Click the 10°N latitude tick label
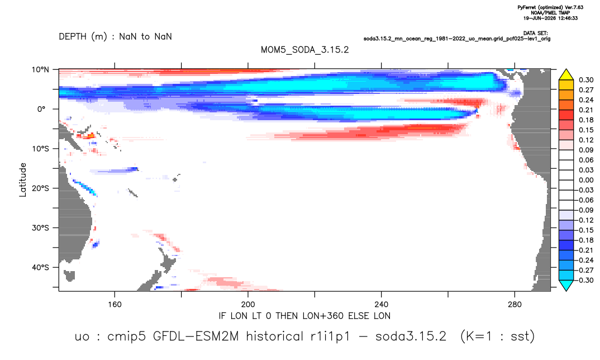tap(40, 69)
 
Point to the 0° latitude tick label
tap(41, 109)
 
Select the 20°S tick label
tap(40, 188)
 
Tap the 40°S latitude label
tap(40, 267)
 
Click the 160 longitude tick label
tap(115, 305)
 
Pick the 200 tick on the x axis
tap(248, 305)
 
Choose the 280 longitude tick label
tap(515, 305)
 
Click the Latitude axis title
tap(23, 180)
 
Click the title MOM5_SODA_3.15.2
tap(304, 50)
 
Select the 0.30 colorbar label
tap(586, 80)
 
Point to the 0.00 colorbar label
tap(586, 180)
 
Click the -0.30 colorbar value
tap(585, 280)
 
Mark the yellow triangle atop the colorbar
tap(566, 75)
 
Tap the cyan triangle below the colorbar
tap(566, 285)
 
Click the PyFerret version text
tap(550, 7)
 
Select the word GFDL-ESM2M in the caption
tap(196, 337)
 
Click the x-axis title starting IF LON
tap(304, 316)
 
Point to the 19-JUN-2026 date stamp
tap(550, 18)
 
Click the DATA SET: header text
tap(535, 34)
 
